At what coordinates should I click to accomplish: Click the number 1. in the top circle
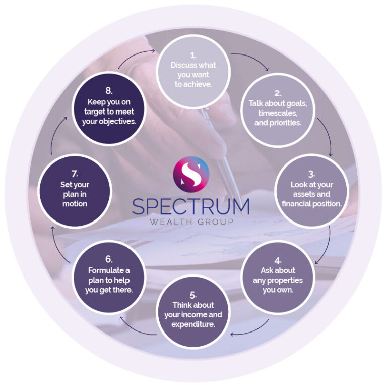pos(193,54)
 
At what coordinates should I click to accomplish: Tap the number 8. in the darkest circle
pos(109,91)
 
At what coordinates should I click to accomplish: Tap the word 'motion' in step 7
pos(74,204)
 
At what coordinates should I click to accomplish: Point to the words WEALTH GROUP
pos(191,223)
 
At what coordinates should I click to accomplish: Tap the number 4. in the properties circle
pos(278,260)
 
